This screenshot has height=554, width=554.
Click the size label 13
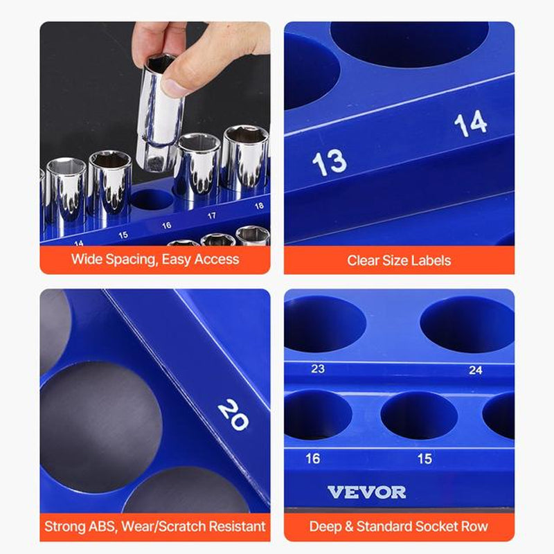pyautogui.click(x=329, y=162)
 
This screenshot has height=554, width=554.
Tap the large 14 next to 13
pyautogui.click(x=471, y=123)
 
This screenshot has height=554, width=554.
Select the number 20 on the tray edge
pyautogui.click(x=233, y=415)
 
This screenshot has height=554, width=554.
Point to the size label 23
pyautogui.click(x=318, y=369)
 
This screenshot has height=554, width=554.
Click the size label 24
pyautogui.click(x=475, y=370)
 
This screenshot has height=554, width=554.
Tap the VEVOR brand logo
pyautogui.click(x=366, y=492)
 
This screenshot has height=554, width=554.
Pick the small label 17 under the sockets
pyautogui.click(x=212, y=215)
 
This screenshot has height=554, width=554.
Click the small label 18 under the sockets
pyautogui.click(x=259, y=206)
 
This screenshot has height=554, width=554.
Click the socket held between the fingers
pyautogui.click(x=161, y=111)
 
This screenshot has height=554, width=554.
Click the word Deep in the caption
pyautogui.click(x=325, y=526)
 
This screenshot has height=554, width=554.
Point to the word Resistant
pyautogui.click(x=234, y=526)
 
